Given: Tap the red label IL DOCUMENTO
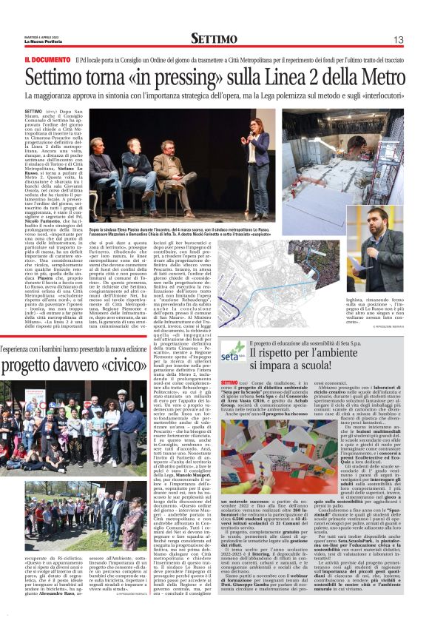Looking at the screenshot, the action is (49, 59).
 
